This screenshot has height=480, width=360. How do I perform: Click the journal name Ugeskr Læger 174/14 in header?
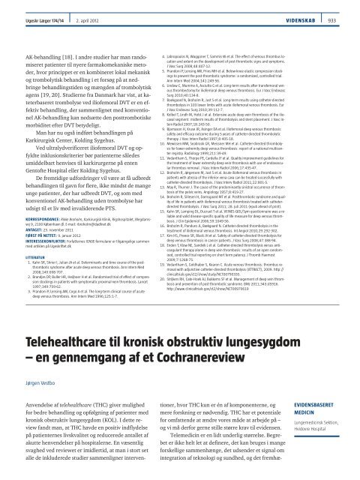pos(28,5)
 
